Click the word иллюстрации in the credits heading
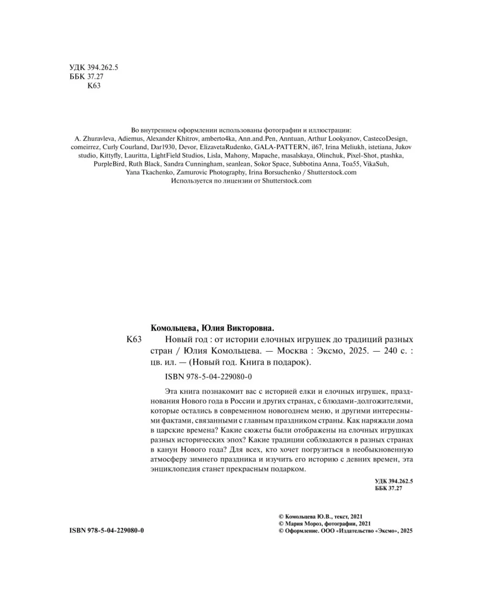point(335,129)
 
